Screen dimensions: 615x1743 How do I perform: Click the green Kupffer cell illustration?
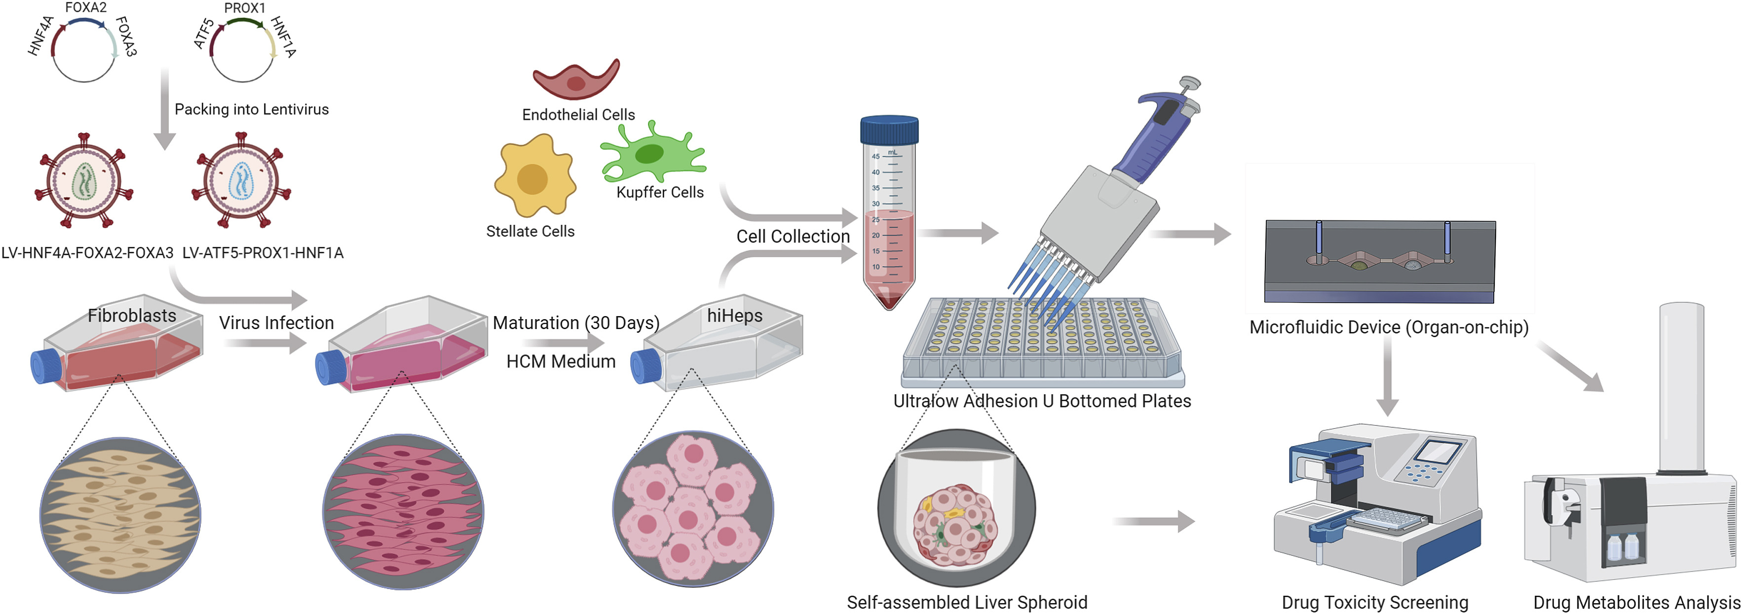651,155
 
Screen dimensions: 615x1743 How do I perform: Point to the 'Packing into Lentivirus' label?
251,110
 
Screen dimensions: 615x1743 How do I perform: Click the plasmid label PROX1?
244,8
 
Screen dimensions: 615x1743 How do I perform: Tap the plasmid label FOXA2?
85,7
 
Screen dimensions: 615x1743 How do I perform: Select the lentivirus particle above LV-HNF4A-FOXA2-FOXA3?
84,181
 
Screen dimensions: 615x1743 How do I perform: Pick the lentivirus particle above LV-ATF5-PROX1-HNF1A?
241,181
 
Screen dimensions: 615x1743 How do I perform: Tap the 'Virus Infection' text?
276,323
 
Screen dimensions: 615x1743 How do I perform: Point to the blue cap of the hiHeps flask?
645,367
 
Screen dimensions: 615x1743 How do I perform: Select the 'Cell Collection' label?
793,237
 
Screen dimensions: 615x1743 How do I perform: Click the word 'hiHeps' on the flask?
734,316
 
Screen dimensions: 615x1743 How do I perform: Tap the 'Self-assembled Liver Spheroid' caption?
966,602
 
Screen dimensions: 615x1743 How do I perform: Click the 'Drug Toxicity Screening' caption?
1374,602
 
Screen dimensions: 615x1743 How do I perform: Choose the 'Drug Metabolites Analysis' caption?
1636,602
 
